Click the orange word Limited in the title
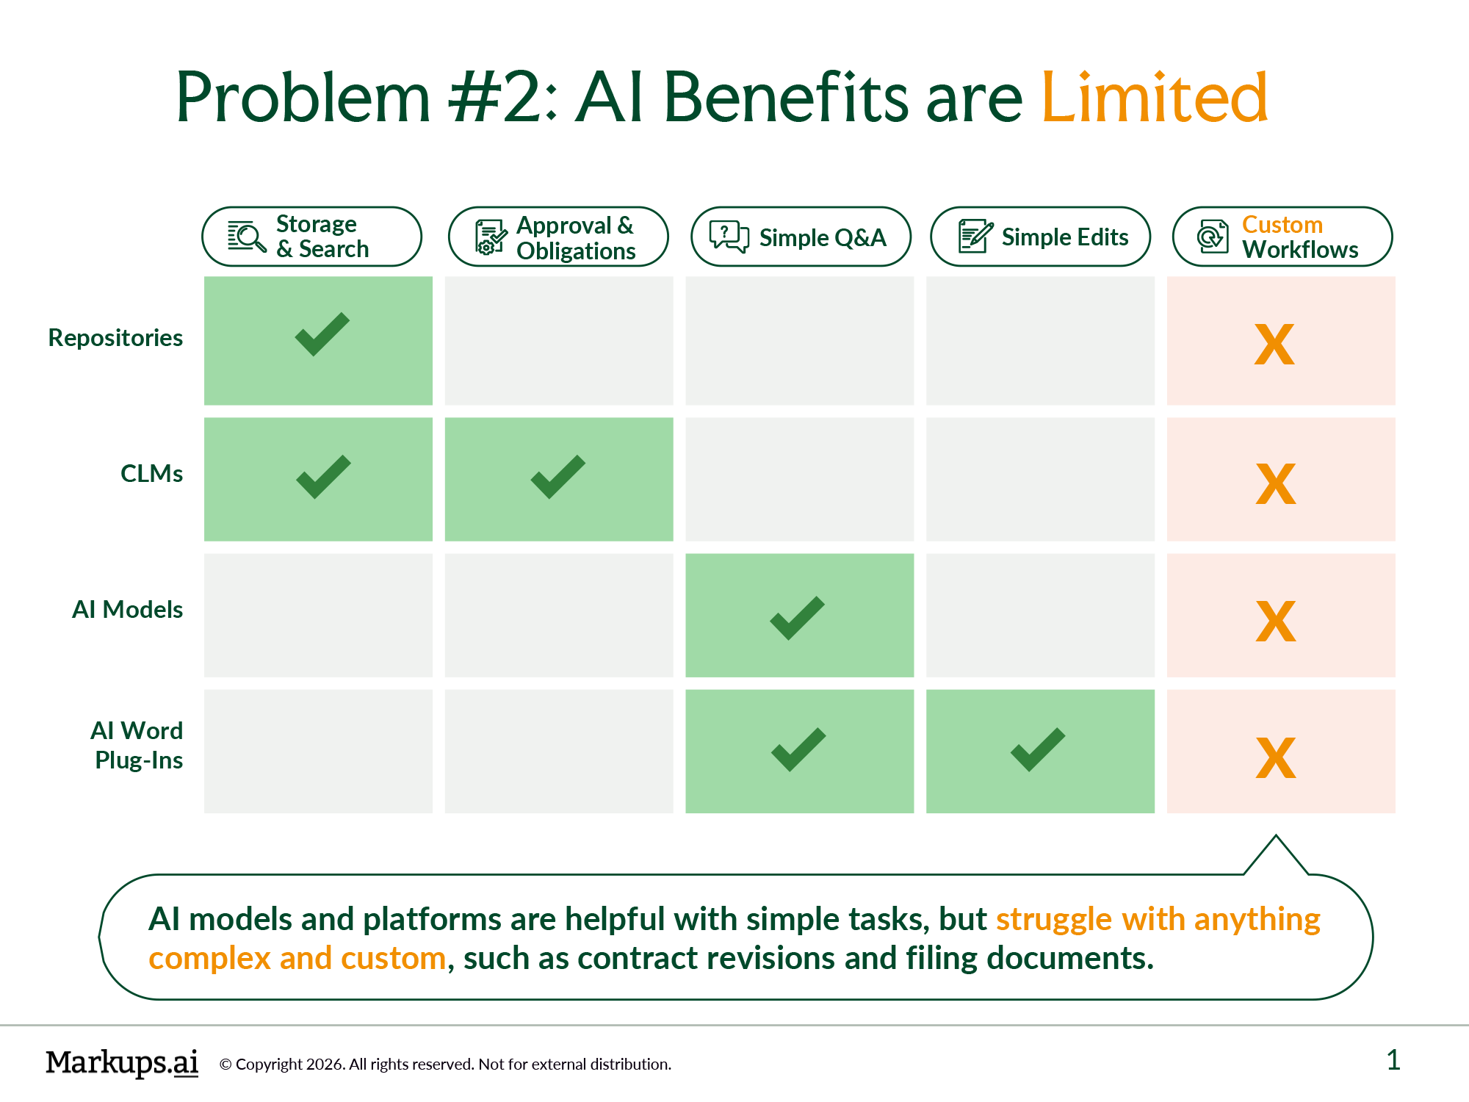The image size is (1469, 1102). (x=1154, y=98)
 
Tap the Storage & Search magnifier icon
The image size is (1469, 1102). (x=246, y=237)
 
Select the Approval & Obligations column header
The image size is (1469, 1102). (x=558, y=237)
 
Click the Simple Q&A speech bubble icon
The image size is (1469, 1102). (x=729, y=237)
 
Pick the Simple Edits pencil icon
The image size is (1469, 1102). (x=975, y=237)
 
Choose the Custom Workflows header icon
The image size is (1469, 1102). (x=1212, y=237)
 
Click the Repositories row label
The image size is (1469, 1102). (x=115, y=338)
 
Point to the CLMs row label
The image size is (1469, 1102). (x=151, y=474)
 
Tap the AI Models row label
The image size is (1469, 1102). (x=127, y=610)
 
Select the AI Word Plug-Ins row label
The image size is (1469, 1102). (x=137, y=745)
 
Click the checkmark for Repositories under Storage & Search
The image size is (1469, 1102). (x=322, y=335)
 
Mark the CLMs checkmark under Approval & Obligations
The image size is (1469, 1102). (x=558, y=478)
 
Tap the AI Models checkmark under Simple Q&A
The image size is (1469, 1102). (x=798, y=618)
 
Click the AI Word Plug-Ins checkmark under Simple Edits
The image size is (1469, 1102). (x=1038, y=749)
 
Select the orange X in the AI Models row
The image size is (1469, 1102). (x=1276, y=622)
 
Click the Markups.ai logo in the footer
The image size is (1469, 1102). (x=122, y=1062)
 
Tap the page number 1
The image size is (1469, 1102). (x=1393, y=1060)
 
